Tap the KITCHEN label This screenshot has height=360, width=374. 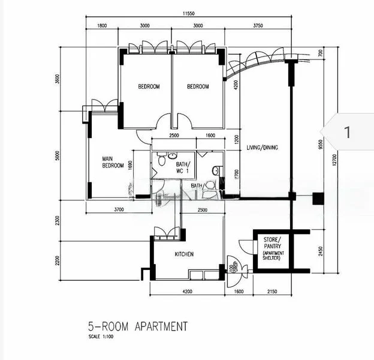[x=184, y=254]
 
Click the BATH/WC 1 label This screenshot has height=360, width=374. [x=182, y=167]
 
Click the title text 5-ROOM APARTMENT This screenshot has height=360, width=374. [x=137, y=327]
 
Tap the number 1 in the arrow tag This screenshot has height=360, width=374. [x=347, y=132]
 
